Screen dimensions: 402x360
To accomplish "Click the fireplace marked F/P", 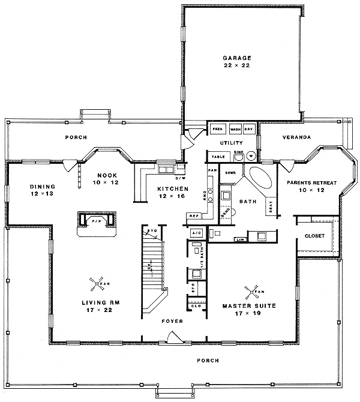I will coord(95,221).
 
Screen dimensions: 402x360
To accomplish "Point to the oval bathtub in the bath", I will coord(259,179).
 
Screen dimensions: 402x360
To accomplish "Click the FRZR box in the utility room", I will coord(217,128).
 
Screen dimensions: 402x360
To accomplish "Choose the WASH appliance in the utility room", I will coord(235,128).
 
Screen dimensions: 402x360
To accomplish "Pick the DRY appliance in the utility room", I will coord(249,128).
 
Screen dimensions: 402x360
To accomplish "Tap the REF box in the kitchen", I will coord(194,215).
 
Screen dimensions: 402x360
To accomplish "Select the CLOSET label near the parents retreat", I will coord(314,236).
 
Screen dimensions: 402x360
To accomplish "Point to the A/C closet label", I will coord(196,232).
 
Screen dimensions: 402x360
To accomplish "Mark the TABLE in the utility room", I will coord(217,157).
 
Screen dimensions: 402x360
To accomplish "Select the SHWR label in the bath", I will coord(229,172).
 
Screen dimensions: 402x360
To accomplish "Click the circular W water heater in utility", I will coord(251,156).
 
